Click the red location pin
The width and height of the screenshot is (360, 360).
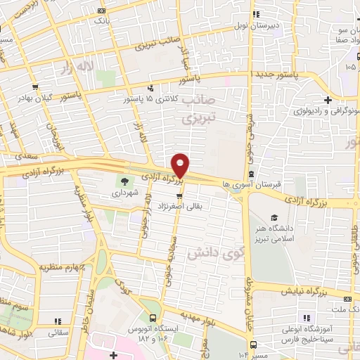coord(181,164)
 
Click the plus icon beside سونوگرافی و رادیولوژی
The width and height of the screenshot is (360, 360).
coord(328,98)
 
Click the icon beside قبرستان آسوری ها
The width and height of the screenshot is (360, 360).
coord(251,174)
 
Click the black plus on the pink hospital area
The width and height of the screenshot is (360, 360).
coord(112,356)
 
